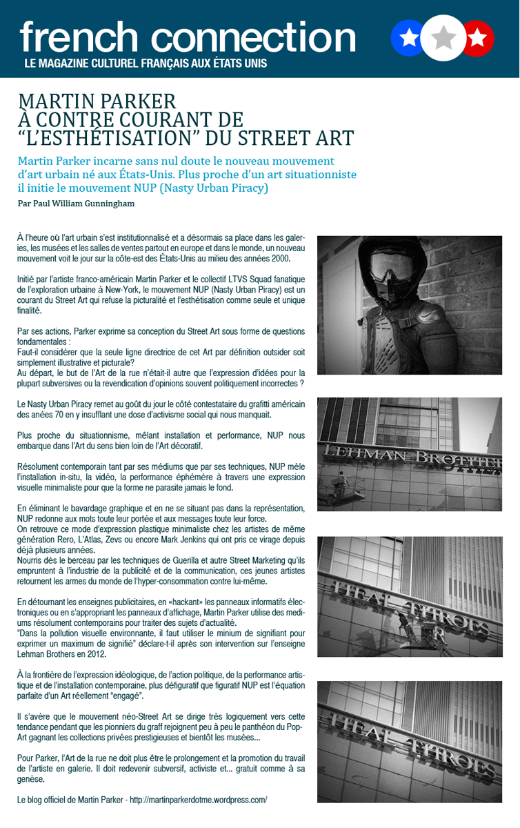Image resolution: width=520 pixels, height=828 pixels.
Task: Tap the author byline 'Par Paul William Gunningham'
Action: [x=76, y=204]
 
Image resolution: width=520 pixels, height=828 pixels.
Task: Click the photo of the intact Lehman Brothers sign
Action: [x=410, y=453]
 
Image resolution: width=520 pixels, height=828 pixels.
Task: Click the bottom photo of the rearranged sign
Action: [x=410, y=742]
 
